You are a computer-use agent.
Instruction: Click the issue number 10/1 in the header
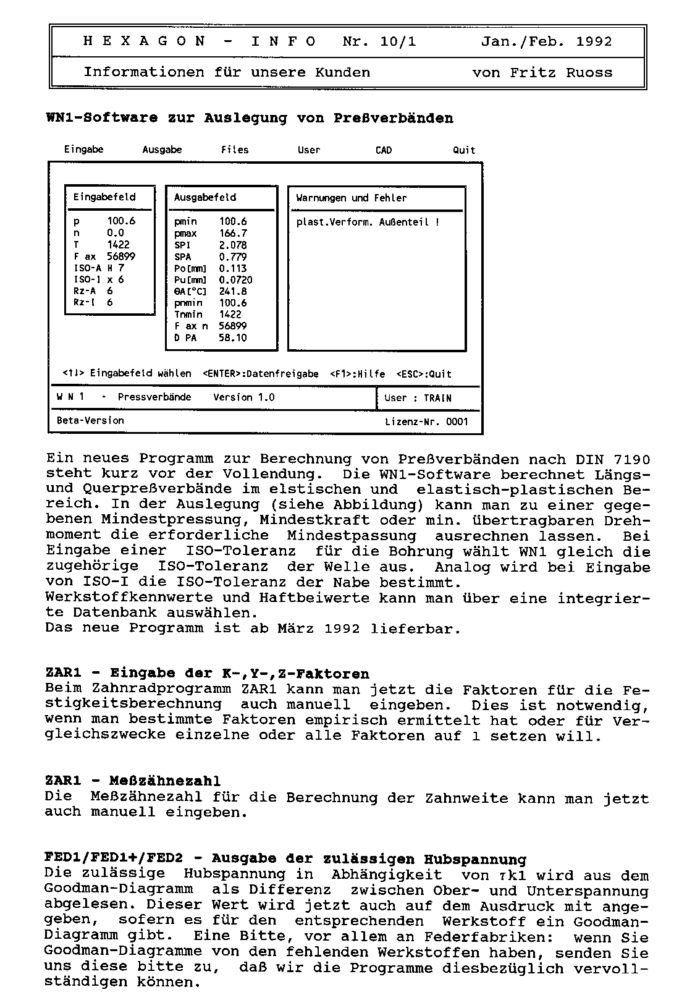click(398, 42)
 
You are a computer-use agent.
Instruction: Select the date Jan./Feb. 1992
click(546, 42)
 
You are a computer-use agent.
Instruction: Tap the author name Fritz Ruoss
click(561, 73)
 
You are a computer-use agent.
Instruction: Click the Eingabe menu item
click(83, 150)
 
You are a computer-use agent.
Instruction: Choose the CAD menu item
click(383, 150)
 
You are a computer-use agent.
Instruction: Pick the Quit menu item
click(463, 150)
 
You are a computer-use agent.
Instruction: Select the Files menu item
click(235, 150)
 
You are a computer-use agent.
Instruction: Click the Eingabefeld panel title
click(104, 197)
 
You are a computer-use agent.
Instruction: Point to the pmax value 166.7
click(233, 234)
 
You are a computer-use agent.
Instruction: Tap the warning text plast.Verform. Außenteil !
click(368, 222)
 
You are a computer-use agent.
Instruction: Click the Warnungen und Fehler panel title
click(351, 198)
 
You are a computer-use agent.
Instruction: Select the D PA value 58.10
click(232, 338)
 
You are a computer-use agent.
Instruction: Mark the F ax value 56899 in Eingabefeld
click(120, 256)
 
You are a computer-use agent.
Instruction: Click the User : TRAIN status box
click(418, 398)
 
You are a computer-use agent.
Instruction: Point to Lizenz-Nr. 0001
click(426, 422)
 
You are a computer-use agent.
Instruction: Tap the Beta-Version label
click(90, 420)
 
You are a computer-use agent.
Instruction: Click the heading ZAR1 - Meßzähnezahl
click(133, 782)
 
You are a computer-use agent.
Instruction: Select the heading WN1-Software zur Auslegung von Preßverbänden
click(250, 118)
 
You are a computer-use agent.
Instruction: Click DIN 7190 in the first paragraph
click(612, 459)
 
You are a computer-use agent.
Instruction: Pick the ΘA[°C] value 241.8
click(233, 292)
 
